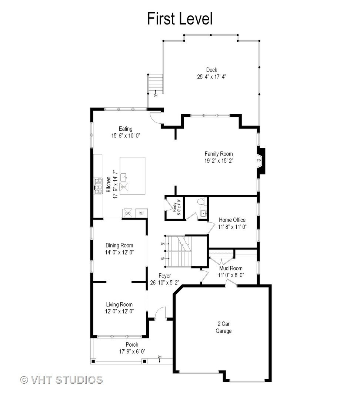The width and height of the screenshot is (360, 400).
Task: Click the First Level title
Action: pos(180,19)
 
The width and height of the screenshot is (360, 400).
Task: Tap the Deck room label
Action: pos(211,70)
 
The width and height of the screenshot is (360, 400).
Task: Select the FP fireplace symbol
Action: pos(259,161)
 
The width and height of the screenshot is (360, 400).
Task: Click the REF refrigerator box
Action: pos(141,213)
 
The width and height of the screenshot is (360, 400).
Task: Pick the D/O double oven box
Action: pos(128,213)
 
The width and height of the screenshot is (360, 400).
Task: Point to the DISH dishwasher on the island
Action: pos(124,187)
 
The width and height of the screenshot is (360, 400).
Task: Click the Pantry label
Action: pos(174,207)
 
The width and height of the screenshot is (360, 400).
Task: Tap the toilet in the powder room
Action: pos(201,201)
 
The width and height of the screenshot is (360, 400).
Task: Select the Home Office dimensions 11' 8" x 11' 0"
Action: pos(232,227)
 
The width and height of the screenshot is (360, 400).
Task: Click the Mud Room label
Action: pos(231,268)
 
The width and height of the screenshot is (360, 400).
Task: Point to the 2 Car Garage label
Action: pos(223,327)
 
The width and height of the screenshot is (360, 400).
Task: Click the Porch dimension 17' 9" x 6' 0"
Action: pos(132,351)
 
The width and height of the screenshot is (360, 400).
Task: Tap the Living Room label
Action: pos(119,304)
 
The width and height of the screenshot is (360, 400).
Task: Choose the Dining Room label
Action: pos(119,246)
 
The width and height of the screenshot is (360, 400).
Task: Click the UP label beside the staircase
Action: pos(163,259)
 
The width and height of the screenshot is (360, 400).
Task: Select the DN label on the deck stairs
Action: pos(156,96)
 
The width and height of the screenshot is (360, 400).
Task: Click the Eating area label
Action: pos(126,129)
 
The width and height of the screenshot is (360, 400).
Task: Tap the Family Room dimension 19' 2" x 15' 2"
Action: pos(219,161)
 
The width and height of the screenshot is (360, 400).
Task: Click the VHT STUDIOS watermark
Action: pos(61,380)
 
